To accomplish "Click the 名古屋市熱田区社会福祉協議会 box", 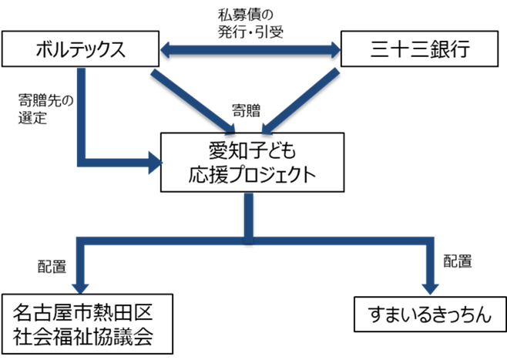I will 85,324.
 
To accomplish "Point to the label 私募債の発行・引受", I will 250,22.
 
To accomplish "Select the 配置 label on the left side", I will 52,266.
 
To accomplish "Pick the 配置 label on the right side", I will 457,261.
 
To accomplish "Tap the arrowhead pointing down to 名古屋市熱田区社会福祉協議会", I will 84,280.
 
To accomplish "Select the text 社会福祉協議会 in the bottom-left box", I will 85,336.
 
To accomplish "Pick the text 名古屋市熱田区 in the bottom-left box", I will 85,312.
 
